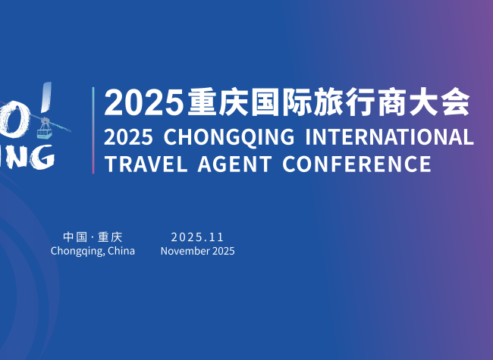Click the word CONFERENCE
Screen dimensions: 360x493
coord(356,164)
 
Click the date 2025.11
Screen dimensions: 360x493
coord(197,237)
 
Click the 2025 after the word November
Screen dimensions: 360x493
coord(223,251)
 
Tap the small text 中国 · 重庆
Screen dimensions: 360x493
coord(93,237)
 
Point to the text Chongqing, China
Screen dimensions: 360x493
coord(93,251)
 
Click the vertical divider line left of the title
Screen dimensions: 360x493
coord(93,130)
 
